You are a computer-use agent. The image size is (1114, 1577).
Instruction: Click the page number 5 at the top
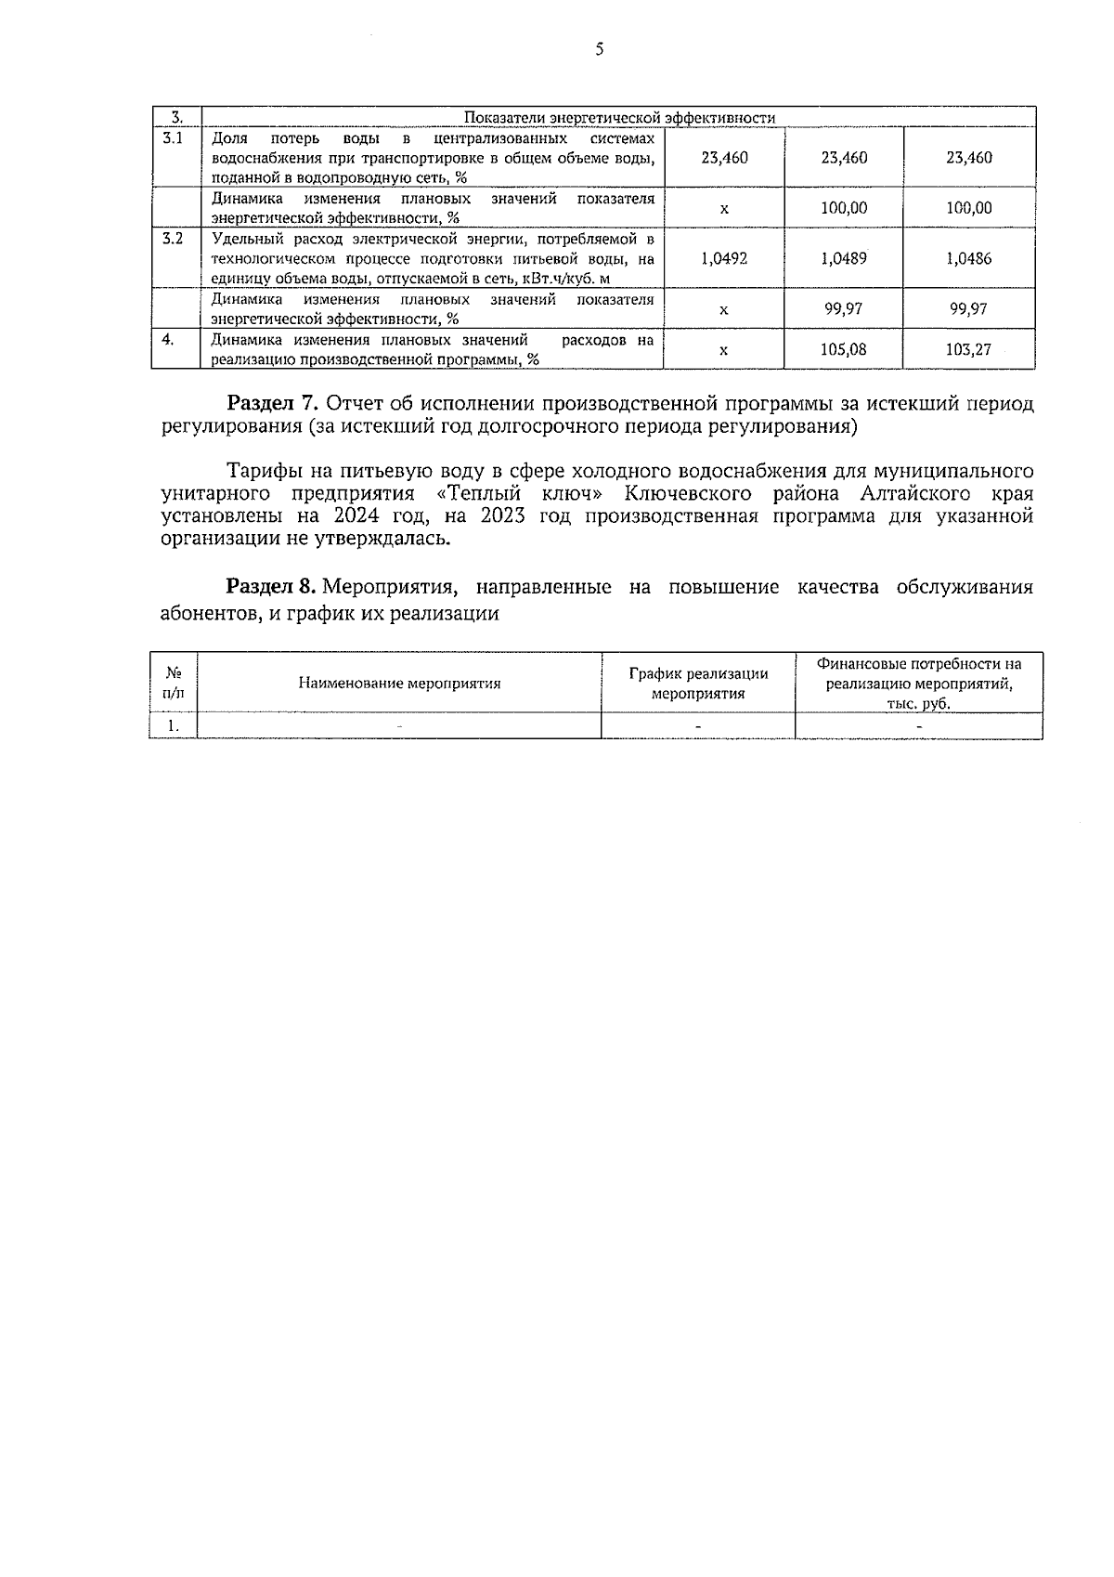point(599,50)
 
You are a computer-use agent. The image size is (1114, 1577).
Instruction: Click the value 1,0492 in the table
point(724,258)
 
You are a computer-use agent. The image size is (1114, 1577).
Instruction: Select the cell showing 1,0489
point(844,258)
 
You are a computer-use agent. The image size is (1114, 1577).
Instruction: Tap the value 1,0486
point(968,258)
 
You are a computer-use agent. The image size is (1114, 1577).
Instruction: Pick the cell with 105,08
point(844,349)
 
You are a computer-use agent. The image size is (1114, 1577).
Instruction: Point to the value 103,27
point(968,349)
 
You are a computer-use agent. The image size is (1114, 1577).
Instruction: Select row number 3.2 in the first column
point(173,239)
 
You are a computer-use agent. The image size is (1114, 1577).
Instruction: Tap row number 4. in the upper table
point(168,340)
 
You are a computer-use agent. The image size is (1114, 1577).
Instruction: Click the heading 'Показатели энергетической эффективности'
point(619,118)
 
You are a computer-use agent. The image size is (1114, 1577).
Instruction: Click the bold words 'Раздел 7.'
point(274,404)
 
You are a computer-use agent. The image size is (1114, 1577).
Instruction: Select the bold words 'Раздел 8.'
point(273,587)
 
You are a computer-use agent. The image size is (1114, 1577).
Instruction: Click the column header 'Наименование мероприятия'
point(399,684)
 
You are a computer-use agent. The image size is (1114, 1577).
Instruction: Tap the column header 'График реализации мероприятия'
point(698,684)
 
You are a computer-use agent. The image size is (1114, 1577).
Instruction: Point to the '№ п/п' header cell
point(173,684)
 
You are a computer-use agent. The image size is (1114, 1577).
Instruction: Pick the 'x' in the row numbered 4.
point(724,349)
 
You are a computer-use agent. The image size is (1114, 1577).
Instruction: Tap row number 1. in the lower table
point(173,726)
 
